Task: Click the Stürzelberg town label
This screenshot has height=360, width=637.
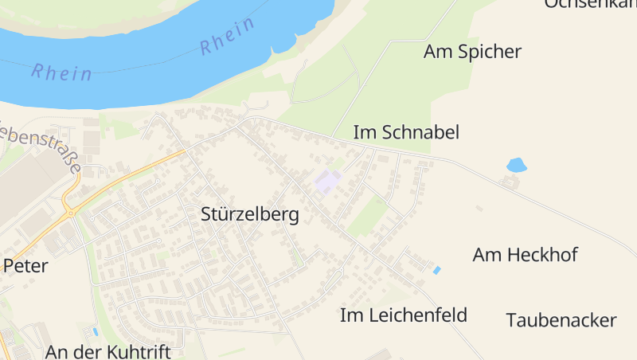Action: click(x=250, y=215)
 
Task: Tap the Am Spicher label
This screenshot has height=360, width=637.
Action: click(x=472, y=52)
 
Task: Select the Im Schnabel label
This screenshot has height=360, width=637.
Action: click(x=406, y=132)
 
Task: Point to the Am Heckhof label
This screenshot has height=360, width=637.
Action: click(x=525, y=255)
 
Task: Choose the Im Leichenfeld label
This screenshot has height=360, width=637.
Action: click(x=403, y=315)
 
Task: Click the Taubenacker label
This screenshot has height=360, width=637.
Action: click(x=561, y=320)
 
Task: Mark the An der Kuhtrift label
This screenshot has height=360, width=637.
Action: click(x=108, y=351)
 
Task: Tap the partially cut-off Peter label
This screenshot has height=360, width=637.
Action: click(x=25, y=266)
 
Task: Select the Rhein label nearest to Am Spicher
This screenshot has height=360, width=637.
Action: click(x=227, y=37)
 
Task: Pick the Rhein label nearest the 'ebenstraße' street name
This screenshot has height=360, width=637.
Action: click(x=61, y=72)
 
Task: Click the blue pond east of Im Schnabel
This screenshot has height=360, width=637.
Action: click(x=517, y=165)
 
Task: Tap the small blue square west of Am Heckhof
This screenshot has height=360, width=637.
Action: click(x=436, y=271)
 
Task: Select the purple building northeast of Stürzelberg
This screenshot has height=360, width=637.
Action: click(x=328, y=181)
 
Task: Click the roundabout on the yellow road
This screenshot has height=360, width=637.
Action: click(x=71, y=212)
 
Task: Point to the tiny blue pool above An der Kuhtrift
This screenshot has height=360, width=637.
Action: click(x=96, y=331)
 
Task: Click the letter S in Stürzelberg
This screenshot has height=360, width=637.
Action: click(x=207, y=215)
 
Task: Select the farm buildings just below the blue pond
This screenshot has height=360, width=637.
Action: click(x=506, y=182)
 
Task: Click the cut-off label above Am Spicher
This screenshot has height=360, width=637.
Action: click(x=589, y=4)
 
